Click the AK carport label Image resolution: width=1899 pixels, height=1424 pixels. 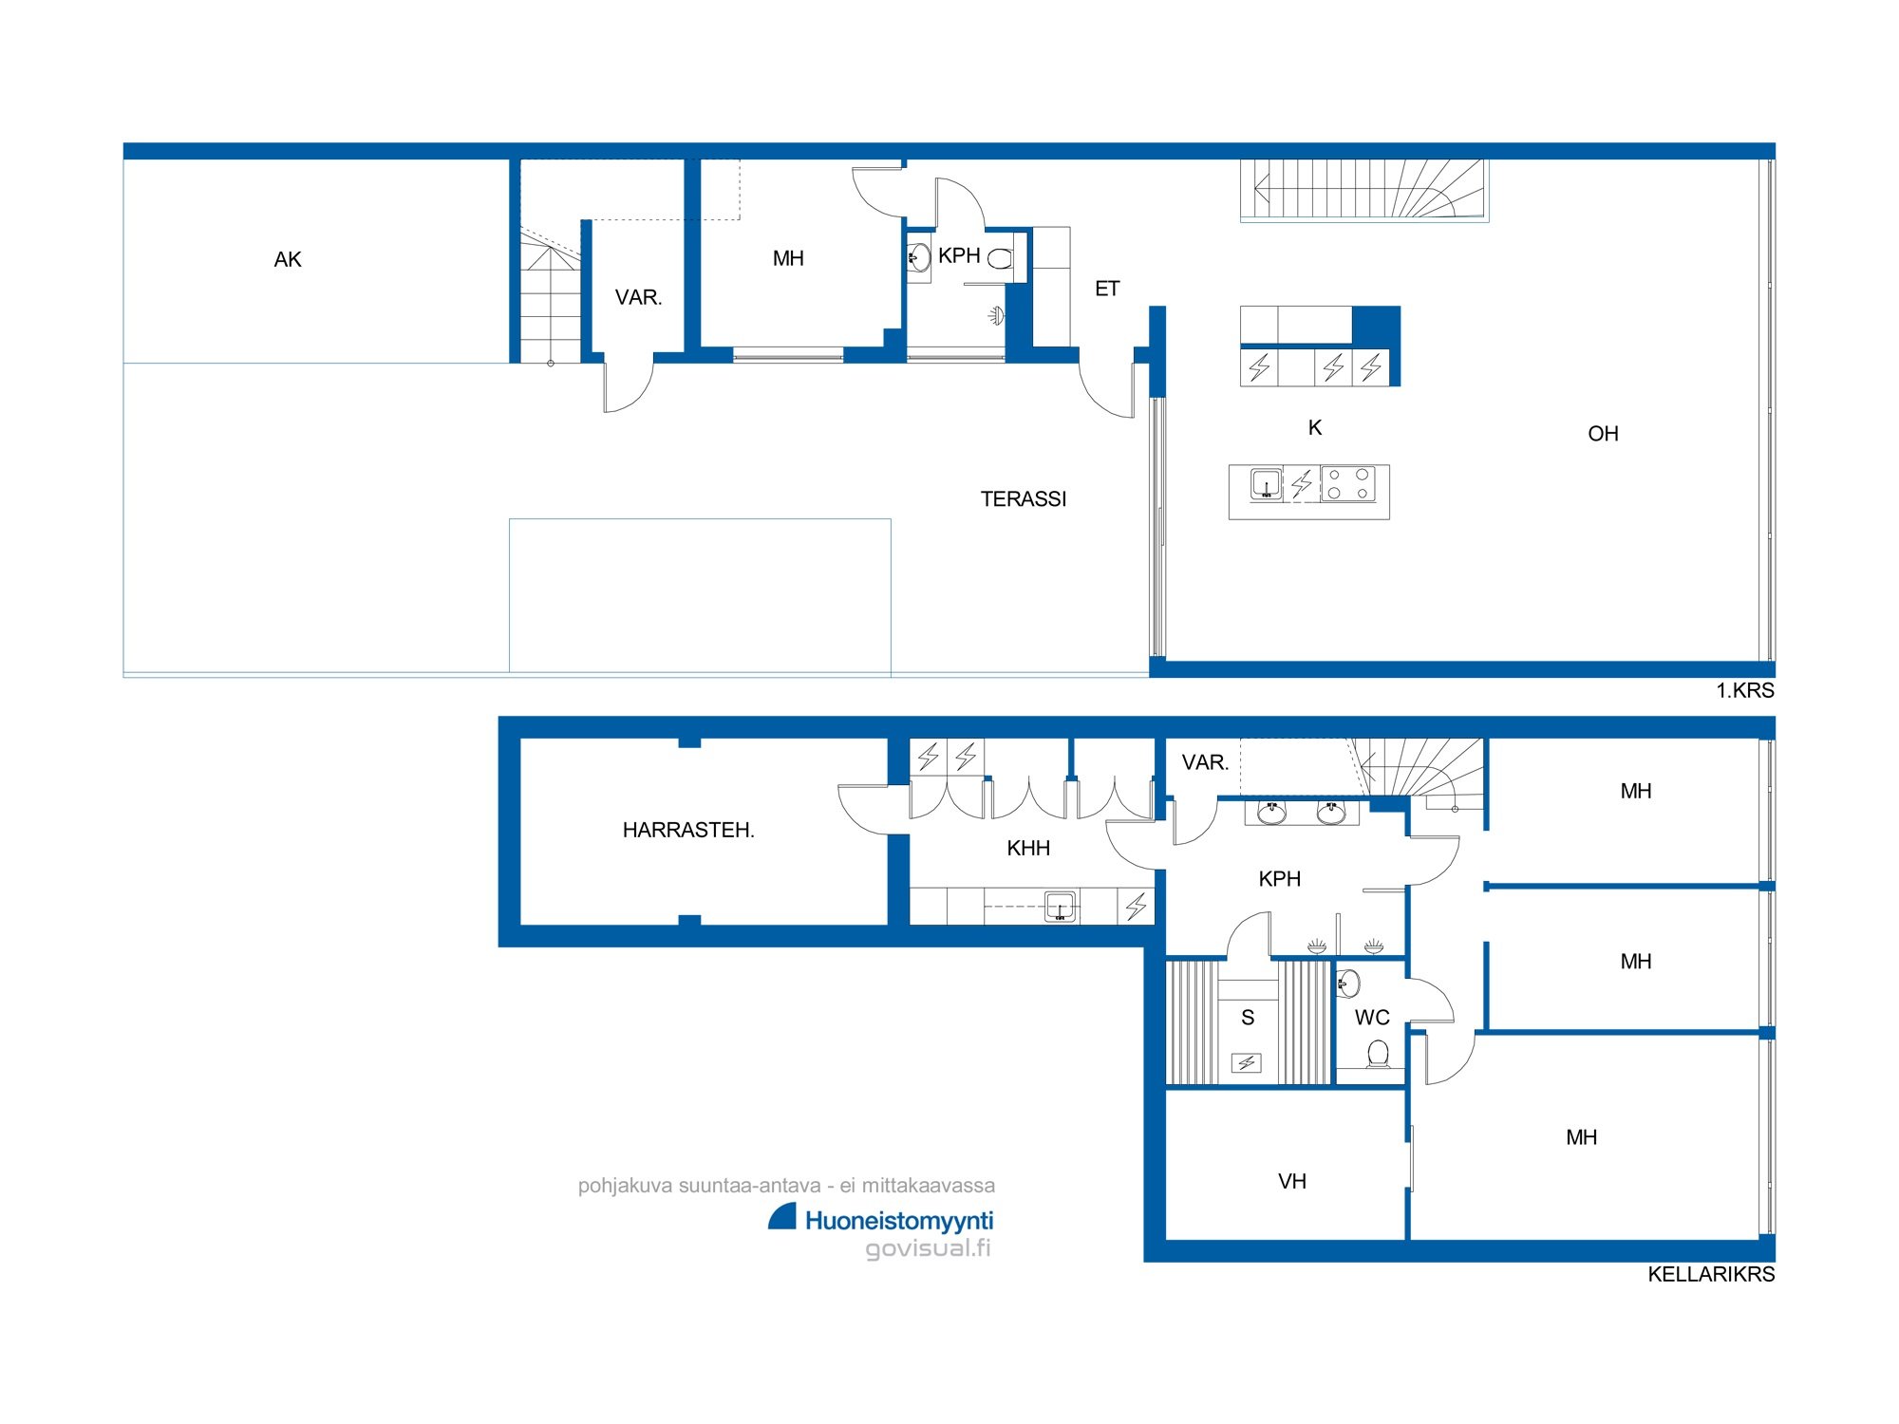(x=288, y=260)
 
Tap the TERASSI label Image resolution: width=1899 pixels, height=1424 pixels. (x=1024, y=499)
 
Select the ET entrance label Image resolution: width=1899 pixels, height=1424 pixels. (x=1107, y=289)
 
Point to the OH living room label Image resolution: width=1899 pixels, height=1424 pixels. (x=1603, y=434)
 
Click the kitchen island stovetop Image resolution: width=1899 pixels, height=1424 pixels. (x=1348, y=484)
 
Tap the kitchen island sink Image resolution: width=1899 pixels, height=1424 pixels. (x=1266, y=484)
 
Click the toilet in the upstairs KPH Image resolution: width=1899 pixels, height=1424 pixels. (x=1001, y=258)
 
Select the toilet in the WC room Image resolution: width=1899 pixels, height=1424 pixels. (x=1378, y=1054)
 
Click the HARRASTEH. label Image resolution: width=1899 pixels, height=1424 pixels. (x=688, y=831)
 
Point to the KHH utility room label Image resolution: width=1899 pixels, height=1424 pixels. (x=1028, y=849)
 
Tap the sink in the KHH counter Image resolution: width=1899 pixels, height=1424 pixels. (x=1060, y=907)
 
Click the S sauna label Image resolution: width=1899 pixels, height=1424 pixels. (x=1248, y=1018)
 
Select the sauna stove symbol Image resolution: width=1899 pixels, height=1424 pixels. (x=1247, y=1063)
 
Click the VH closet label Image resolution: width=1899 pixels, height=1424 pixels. (x=1292, y=1182)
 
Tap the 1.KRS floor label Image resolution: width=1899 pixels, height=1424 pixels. (x=1745, y=691)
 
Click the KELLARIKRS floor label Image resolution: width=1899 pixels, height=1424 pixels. (x=1711, y=1275)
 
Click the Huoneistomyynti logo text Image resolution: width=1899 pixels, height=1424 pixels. (x=899, y=1221)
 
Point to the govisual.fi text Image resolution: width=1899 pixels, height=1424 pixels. (x=928, y=1248)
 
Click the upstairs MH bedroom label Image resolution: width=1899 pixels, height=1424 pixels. (x=788, y=259)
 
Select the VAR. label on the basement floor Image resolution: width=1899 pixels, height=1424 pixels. (x=1205, y=763)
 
